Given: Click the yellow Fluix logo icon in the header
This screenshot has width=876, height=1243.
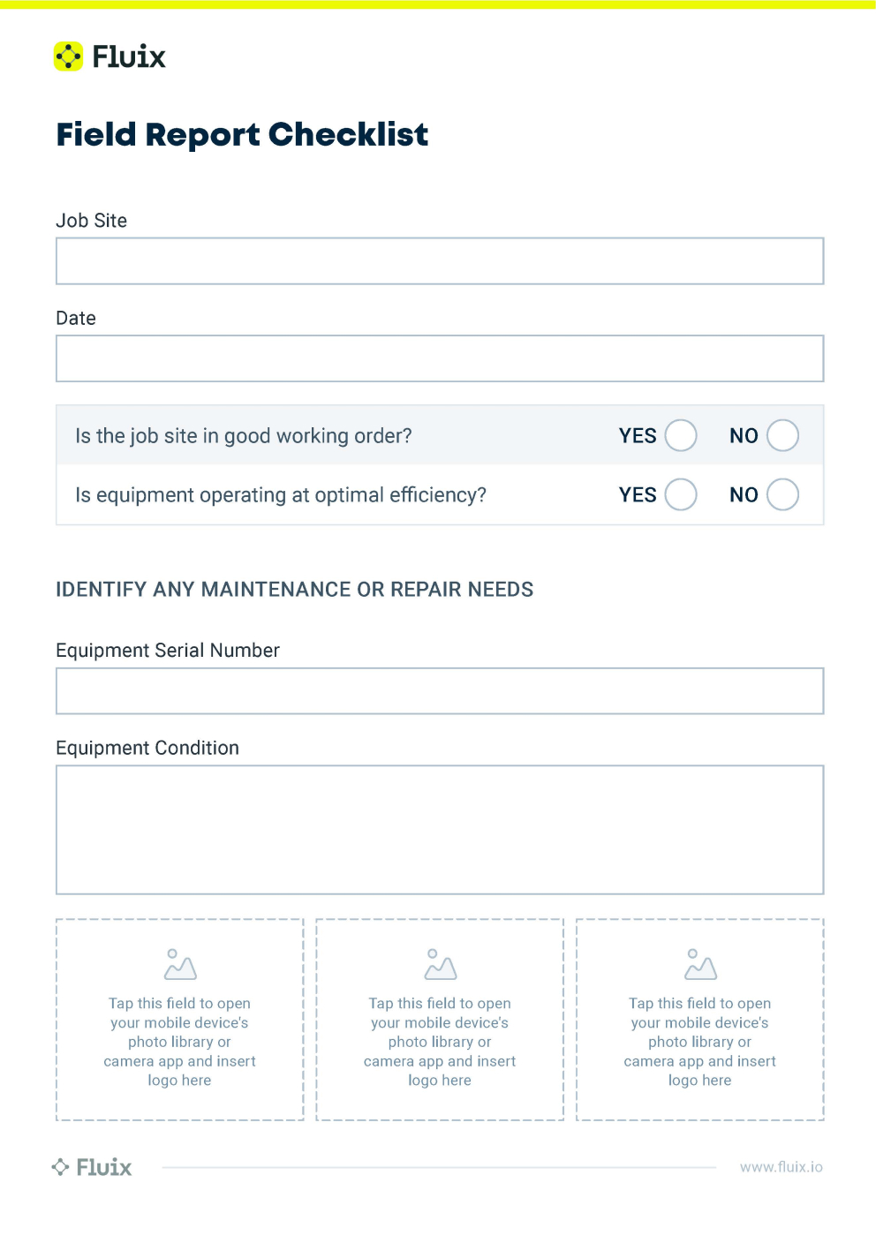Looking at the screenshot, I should [x=68, y=56].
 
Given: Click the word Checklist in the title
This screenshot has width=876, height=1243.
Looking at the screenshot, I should [x=348, y=134].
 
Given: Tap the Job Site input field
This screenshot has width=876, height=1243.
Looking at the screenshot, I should [x=439, y=261].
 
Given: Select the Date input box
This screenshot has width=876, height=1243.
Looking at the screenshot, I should [x=439, y=358].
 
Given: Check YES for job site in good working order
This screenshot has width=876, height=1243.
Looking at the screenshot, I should [x=681, y=435].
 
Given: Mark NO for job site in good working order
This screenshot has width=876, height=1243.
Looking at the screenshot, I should [x=782, y=435].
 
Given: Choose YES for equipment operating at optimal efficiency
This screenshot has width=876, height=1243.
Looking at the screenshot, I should [x=681, y=494].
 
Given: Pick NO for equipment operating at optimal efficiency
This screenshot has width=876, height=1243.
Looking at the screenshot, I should [x=782, y=494].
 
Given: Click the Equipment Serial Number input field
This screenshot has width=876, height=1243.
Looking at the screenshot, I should [x=439, y=691].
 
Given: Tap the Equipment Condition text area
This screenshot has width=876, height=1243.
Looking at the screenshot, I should [x=439, y=830].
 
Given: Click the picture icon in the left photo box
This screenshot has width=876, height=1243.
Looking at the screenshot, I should [x=179, y=965].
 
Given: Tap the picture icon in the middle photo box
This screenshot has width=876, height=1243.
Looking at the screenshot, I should [x=440, y=965].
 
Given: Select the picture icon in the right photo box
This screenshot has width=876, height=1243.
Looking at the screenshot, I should [x=700, y=965].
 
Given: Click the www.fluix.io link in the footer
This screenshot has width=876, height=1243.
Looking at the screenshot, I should [x=781, y=1167].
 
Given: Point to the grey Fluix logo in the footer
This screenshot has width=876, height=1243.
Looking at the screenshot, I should [x=92, y=1167].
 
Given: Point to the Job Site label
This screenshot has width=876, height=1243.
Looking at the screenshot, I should [x=91, y=221].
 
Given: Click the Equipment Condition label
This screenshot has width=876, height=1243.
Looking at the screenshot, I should [x=147, y=748].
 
